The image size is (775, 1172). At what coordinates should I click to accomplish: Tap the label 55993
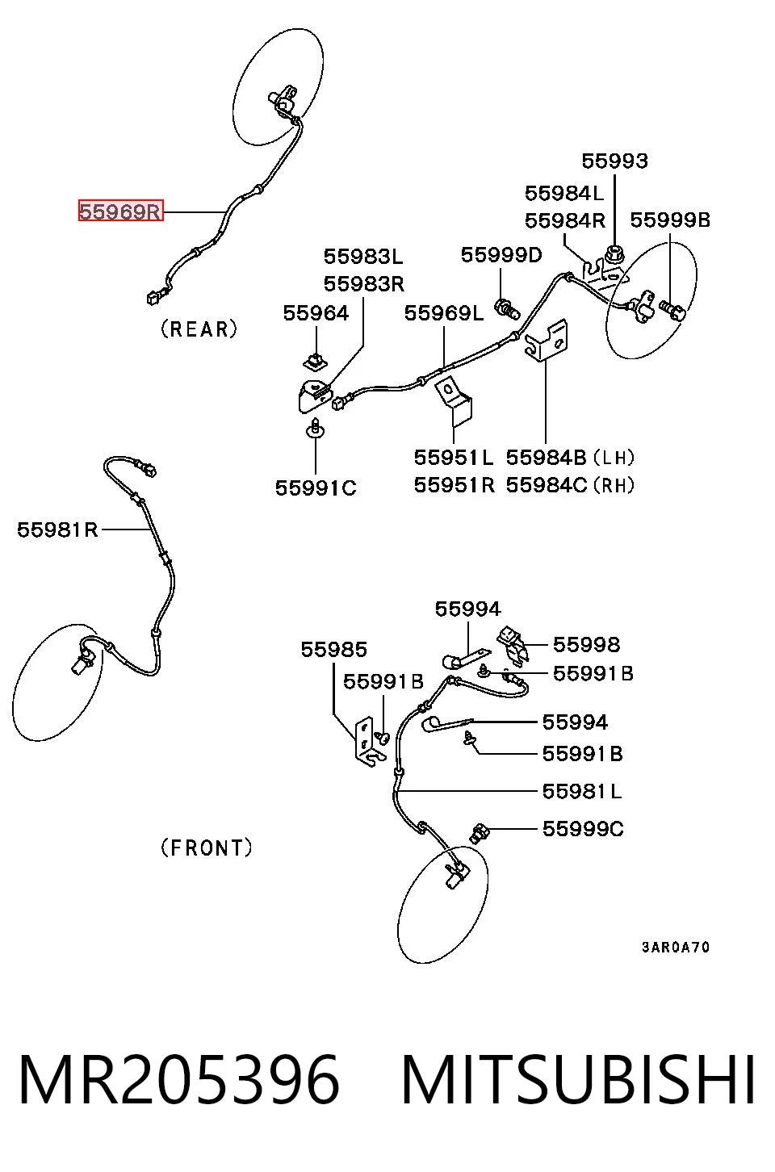pos(615,161)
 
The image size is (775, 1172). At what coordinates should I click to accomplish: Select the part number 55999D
pos(501,255)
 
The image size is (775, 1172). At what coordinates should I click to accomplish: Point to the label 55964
pos(316,313)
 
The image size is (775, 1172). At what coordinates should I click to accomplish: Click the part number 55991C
pos(316,488)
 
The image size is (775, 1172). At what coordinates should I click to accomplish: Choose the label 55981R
pos(57,530)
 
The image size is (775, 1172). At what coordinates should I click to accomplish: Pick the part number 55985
pos(334,650)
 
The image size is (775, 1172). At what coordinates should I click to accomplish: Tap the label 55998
pos(587,645)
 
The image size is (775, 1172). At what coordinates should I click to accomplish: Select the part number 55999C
pos(583,829)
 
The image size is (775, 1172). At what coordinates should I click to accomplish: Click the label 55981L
pos(582,791)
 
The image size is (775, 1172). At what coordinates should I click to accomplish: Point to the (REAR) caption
pos(199,329)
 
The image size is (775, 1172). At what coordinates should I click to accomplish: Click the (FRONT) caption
pos(206,848)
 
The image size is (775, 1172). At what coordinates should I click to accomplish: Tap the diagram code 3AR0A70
pos(676,947)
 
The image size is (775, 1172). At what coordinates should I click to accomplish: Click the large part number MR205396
pos(179,1081)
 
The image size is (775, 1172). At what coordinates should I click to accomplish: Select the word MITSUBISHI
pos(578,1081)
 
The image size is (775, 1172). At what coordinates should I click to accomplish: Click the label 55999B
pos(670,220)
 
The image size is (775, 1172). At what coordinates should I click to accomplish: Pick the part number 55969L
pos(444,313)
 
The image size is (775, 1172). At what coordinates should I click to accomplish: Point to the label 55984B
pos(547,458)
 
